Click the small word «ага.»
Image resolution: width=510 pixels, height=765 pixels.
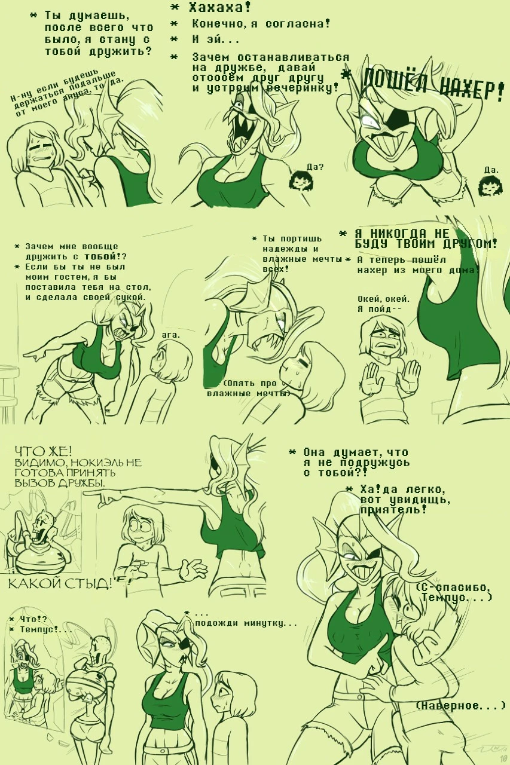tap(170, 335)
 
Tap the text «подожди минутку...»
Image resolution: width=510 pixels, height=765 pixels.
tap(246, 623)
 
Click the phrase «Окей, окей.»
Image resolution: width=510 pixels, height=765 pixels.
tap(383, 299)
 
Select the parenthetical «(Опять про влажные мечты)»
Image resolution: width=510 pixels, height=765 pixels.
tap(249, 388)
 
